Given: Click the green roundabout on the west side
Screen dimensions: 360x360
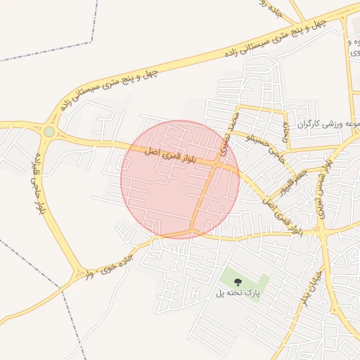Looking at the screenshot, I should [49, 131].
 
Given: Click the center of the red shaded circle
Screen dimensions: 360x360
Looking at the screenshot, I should [180, 179].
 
